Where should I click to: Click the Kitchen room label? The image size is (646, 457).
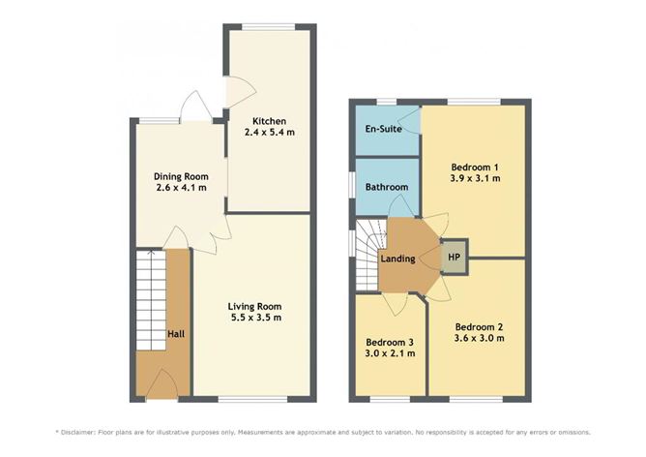pos(269,121)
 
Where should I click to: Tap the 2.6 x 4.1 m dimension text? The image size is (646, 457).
pos(181,188)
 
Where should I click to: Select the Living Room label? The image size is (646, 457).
pos(254,307)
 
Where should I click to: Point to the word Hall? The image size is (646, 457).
pos(176,334)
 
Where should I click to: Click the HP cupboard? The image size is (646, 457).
pos(454,257)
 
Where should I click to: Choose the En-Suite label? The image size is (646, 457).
pos(383,129)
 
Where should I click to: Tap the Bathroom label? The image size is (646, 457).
pos(387,187)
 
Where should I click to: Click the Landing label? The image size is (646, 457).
pos(397,259)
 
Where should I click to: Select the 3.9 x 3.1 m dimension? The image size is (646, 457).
pos(476,178)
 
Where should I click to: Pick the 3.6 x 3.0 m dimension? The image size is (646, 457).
pos(479,338)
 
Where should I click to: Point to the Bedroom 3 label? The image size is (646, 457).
pos(390,343)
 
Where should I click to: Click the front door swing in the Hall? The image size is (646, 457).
pos(161,384)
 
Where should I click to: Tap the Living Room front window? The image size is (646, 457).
pos(252,399)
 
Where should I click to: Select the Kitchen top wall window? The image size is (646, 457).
pos(269,27)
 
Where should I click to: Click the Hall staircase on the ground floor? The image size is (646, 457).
pos(151,300)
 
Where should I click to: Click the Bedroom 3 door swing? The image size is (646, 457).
pos(395,304)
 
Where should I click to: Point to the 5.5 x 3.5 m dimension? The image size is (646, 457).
pos(254,318)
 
